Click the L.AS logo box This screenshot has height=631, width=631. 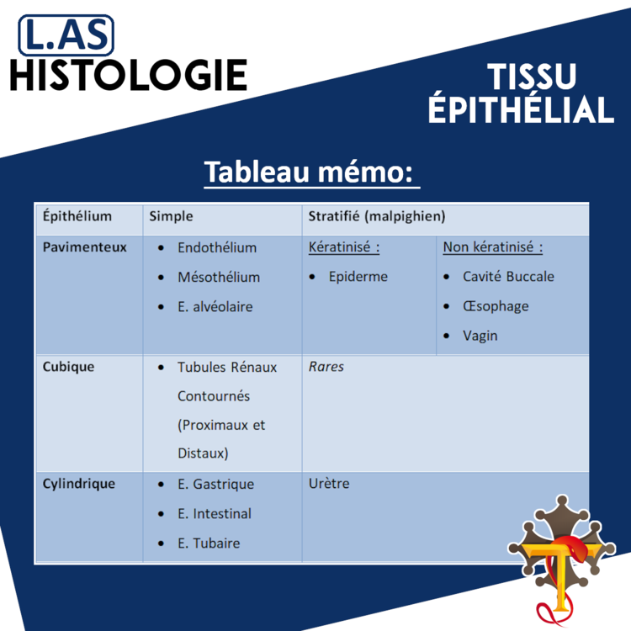point(66,34)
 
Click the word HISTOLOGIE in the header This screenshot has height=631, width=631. point(129,75)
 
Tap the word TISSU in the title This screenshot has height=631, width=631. point(532,78)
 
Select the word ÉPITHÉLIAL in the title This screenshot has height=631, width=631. point(521,110)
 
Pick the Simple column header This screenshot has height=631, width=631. point(171,216)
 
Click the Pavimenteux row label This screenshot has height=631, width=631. point(85,247)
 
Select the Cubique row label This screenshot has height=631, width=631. point(69,367)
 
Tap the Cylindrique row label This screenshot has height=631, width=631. point(78,484)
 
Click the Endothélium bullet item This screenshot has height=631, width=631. point(216,248)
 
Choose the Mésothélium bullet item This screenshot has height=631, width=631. point(218,277)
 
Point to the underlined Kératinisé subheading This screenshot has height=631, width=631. point(344,248)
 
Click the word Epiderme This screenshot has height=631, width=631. point(358,277)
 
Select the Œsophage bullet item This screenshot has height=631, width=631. point(496,306)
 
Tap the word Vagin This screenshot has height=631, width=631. point(480,336)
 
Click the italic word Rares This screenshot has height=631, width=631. point(326,367)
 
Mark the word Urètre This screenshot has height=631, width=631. point(329,484)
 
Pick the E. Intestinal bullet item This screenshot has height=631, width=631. point(214,513)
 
